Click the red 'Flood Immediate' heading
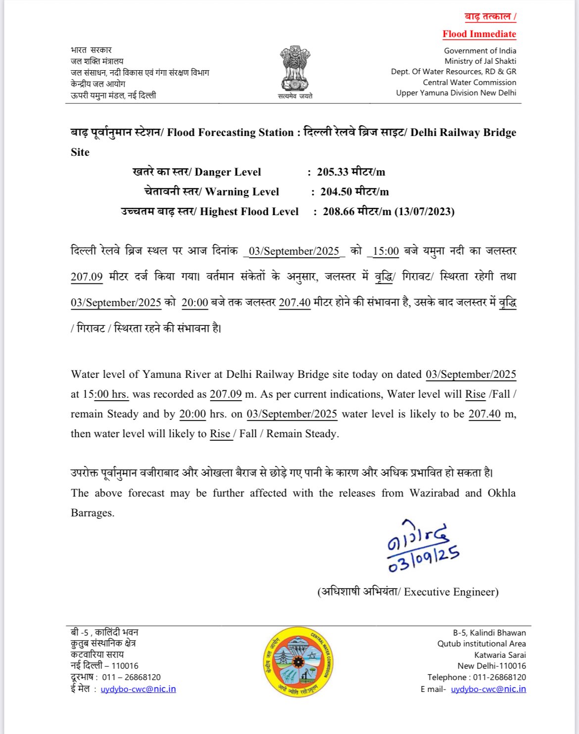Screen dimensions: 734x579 pos(479,34)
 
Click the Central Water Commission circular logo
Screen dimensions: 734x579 pos(298,661)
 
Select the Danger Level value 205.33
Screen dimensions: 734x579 pos(333,172)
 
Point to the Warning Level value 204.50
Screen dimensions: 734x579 pos(336,192)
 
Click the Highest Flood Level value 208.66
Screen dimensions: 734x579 pos(338,212)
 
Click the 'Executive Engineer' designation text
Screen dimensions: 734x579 pos(451,592)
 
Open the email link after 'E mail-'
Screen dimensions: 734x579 pos(488,689)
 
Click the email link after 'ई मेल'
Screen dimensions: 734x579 pos(138,689)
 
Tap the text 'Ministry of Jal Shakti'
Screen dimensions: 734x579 pos(480,61)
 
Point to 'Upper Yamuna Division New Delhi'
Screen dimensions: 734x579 pos(456,93)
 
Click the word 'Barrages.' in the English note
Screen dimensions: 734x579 pos(93,513)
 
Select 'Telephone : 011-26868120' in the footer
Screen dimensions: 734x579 pos(477,677)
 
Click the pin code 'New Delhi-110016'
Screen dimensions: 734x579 pos(491,666)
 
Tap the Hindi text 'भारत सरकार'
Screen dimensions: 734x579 pos(91,50)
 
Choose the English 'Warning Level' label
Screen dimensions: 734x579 pos(242,192)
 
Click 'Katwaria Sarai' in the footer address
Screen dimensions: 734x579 pos(500,655)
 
